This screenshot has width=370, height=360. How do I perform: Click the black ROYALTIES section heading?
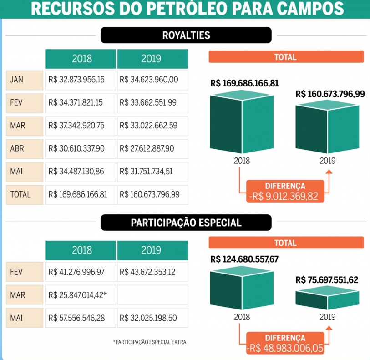(x=186, y=35)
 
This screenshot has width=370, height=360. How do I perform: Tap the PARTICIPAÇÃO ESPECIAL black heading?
(x=186, y=223)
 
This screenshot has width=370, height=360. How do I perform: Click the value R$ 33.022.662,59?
(x=148, y=126)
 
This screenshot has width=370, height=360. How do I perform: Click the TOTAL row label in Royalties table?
(x=20, y=194)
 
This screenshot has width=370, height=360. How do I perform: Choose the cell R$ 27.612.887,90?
(x=148, y=148)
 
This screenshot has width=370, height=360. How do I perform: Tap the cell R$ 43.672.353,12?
(x=148, y=272)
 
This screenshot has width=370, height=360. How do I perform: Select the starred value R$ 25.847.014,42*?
(x=78, y=295)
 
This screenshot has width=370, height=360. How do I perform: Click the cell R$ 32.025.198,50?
(x=148, y=318)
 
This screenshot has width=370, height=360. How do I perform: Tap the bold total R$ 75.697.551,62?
(x=327, y=279)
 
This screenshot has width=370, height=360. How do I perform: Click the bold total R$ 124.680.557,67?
(x=244, y=259)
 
